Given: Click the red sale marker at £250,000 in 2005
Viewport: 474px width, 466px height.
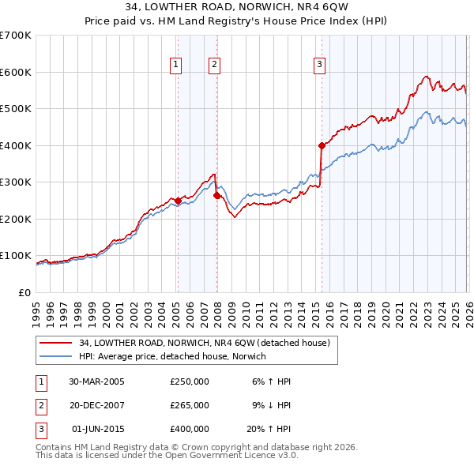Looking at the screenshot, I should click(178, 201).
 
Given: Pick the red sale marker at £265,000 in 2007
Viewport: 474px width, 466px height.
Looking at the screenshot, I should click(216, 195).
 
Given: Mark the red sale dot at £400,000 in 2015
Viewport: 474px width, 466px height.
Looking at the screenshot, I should click(322, 145).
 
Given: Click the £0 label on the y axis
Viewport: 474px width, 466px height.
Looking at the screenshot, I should click(24, 292).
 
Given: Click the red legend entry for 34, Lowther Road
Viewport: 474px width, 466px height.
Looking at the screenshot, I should click(209, 343).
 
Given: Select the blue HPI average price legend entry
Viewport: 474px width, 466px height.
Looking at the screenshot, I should click(172, 356).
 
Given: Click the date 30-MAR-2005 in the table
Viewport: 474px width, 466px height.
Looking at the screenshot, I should click(96, 381).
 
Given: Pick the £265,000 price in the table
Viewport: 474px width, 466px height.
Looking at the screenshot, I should click(189, 405).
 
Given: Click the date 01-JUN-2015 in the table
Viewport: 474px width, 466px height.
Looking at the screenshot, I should click(96, 429).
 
